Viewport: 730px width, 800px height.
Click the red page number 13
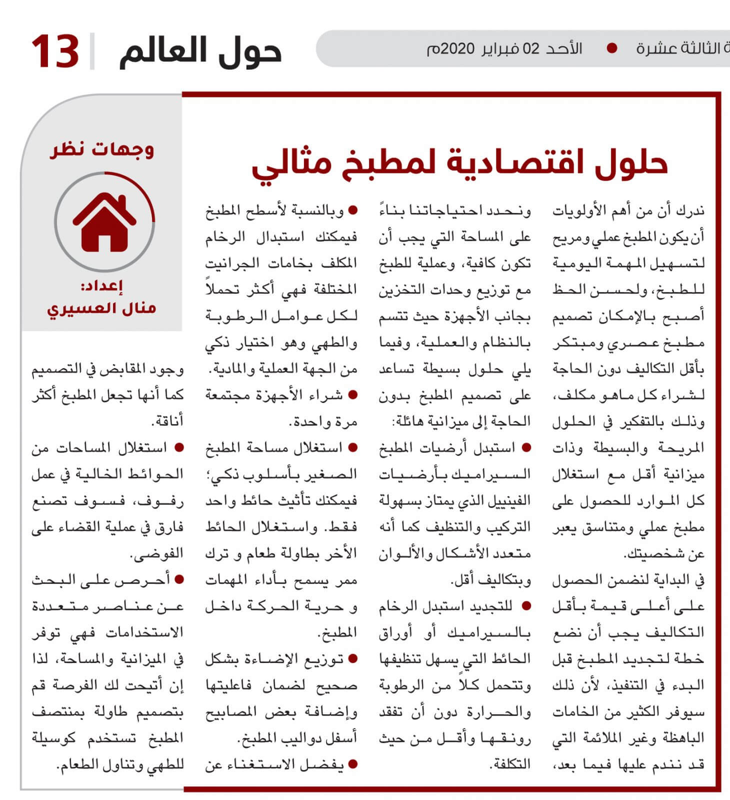pyautogui.click(x=55, y=51)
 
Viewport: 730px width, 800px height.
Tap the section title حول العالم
pyautogui.click(x=200, y=51)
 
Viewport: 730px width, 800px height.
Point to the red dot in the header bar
pyautogui.click(x=611, y=48)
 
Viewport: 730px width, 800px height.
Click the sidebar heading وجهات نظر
pyautogui.click(x=102, y=149)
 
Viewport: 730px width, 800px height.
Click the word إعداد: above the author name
pyautogui.click(x=102, y=286)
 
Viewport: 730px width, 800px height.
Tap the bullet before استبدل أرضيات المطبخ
pyautogui.click(x=526, y=447)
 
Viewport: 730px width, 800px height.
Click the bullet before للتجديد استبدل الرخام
pyautogui.click(x=526, y=606)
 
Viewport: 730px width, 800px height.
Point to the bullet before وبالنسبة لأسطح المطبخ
pyautogui.click(x=353, y=210)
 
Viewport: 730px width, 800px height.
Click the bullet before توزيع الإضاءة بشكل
pyautogui.click(x=353, y=659)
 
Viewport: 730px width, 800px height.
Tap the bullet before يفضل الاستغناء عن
pyautogui.click(x=353, y=764)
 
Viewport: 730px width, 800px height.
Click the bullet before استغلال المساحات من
pyautogui.click(x=179, y=447)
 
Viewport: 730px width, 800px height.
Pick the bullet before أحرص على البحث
pyautogui.click(x=179, y=579)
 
